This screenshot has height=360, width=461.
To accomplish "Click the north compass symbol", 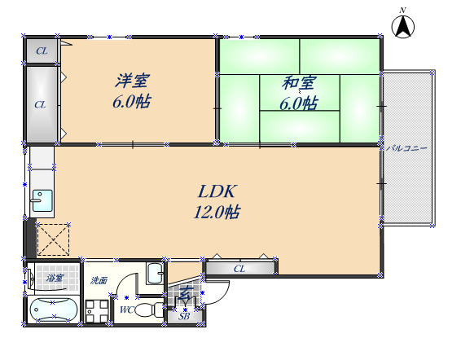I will click(x=402, y=26).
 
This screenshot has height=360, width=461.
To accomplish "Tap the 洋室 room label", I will click(x=131, y=81).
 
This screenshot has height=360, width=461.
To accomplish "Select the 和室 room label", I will click(x=299, y=83).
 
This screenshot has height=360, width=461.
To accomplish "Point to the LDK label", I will click(x=217, y=192).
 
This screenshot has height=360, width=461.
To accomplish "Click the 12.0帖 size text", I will click(x=216, y=213).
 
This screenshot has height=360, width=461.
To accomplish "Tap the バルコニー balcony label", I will click(x=407, y=147).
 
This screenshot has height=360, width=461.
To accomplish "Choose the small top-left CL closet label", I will click(x=40, y=52).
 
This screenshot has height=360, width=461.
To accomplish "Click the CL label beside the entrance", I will click(x=239, y=268).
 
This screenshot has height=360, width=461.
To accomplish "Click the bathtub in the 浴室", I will click(x=53, y=310).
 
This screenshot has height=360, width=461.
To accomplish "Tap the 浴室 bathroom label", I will click(x=55, y=279).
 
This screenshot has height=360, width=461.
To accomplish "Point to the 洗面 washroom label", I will click(x=99, y=280).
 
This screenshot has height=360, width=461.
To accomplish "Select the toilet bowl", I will click(x=147, y=310).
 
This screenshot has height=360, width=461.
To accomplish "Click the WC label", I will click(x=126, y=310).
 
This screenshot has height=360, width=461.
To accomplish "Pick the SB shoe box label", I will click(x=184, y=316).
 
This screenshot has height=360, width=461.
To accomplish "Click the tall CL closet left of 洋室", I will click(x=40, y=104).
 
